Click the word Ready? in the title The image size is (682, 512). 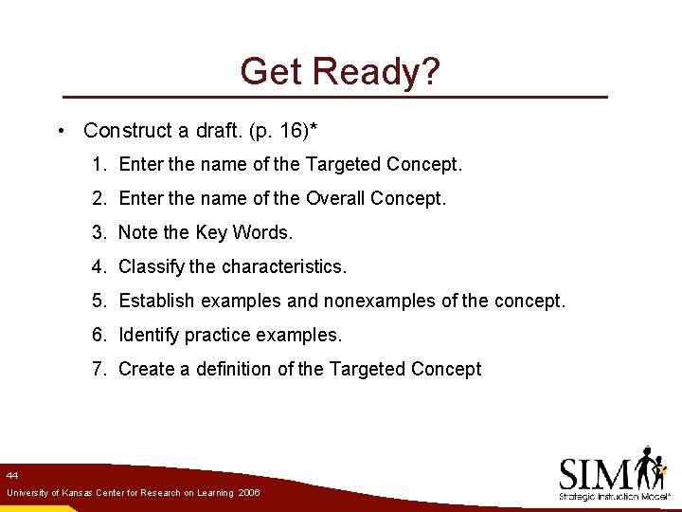(377, 72)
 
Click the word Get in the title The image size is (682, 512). (272, 71)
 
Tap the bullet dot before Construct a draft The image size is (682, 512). (60, 131)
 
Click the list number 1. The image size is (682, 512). (99, 165)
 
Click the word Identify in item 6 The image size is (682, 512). (149, 336)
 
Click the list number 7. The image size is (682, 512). (99, 370)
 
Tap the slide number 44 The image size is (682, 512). (12, 474)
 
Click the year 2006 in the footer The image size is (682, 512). (249, 493)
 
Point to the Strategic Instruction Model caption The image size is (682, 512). (615, 497)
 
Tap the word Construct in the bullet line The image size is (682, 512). (125, 131)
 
